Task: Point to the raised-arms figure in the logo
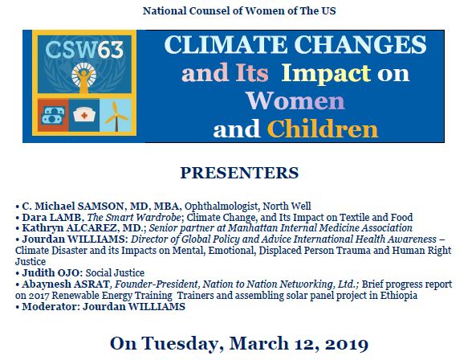tap(83, 81)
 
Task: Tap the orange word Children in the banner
tap(323, 128)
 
